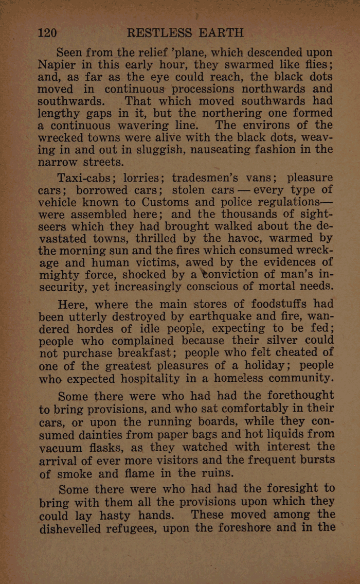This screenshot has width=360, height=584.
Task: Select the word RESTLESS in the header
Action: click(x=158, y=33)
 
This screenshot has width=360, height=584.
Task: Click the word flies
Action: click(x=315, y=66)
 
